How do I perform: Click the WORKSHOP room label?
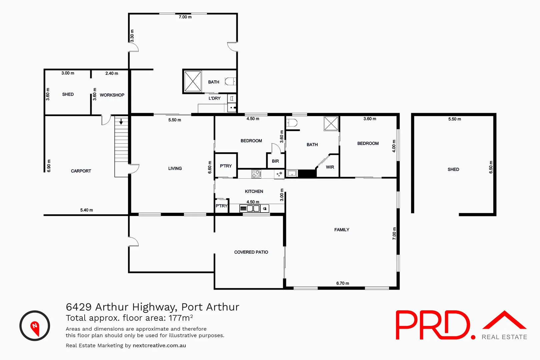click(112, 95)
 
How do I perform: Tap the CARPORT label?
click(81, 171)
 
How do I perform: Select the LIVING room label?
click(175, 168)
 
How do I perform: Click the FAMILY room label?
click(342, 230)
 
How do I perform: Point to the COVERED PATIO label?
click(251, 252)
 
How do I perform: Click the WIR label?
click(330, 167)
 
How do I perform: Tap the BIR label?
click(275, 161)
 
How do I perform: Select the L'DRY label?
click(214, 98)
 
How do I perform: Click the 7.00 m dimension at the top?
click(185, 17)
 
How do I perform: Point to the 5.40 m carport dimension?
click(86, 210)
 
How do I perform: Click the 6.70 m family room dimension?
click(343, 283)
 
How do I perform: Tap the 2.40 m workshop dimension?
click(112, 73)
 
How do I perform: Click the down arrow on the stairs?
click(121, 122)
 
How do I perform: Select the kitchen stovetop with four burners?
click(256, 174)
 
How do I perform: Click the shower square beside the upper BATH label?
click(193, 81)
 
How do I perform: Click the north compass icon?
click(35, 326)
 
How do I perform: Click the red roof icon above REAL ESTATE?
click(505, 320)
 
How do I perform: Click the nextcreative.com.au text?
click(159, 345)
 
